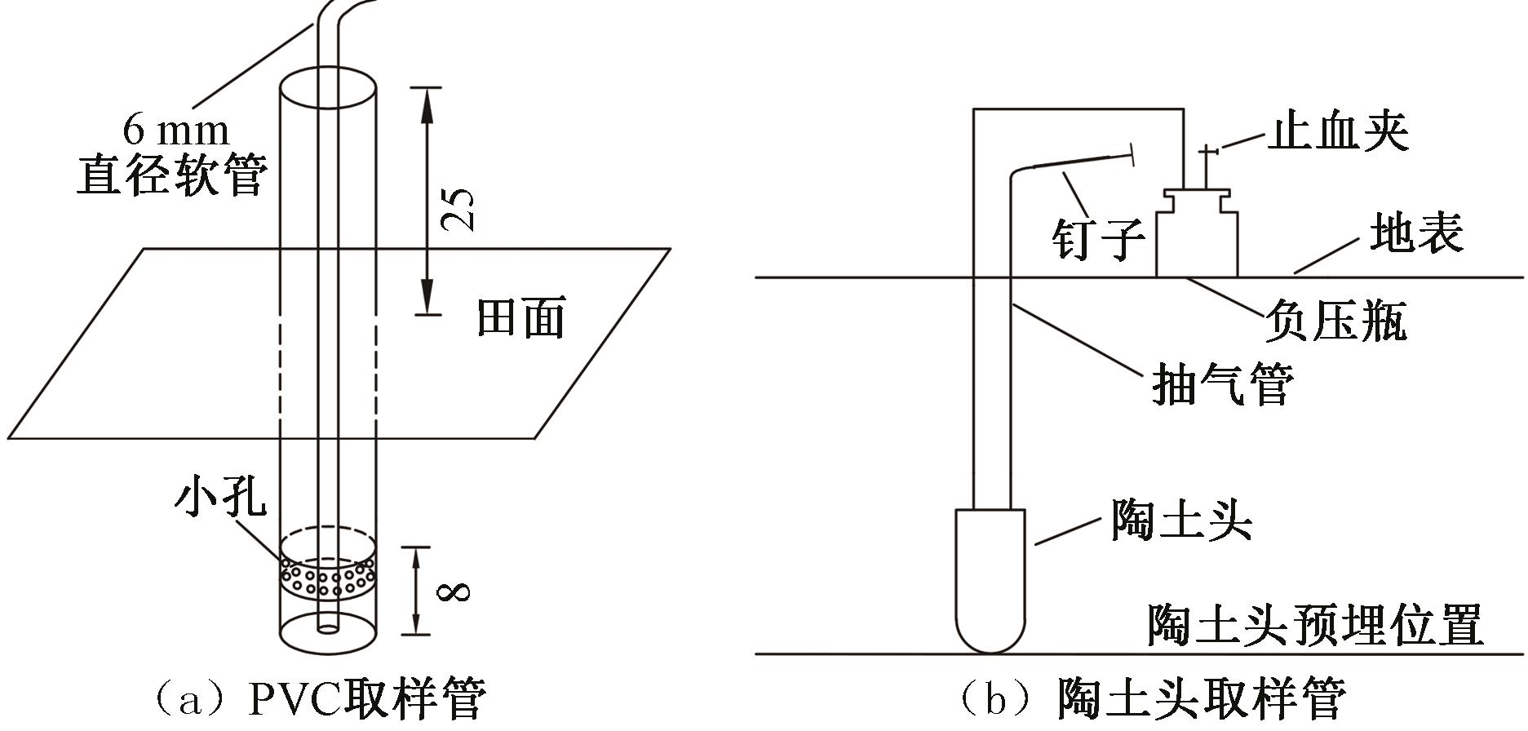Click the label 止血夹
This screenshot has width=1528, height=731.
tap(1337, 131)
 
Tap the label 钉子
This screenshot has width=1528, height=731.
tap(1097, 238)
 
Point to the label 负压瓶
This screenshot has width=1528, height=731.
tap(1335, 321)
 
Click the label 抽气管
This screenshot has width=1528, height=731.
tap(1221, 383)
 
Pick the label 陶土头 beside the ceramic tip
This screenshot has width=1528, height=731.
tap(1180, 519)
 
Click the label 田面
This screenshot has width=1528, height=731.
tap(520, 317)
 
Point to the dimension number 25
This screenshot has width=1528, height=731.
tap(458, 209)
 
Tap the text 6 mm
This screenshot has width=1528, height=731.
tap(175, 130)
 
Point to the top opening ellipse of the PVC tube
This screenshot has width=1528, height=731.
tap(328, 84)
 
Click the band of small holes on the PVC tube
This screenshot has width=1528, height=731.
tap(328, 578)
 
